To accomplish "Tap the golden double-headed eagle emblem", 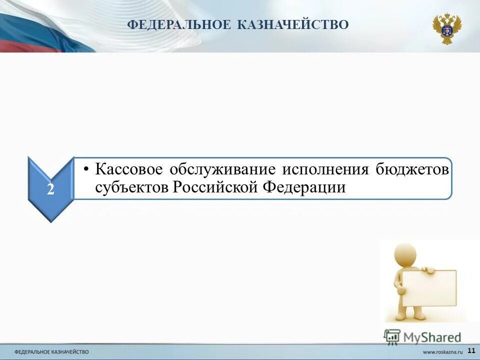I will (x=446, y=28).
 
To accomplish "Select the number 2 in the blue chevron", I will (x=51, y=189).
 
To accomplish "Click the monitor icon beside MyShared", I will (x=392, y=336).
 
